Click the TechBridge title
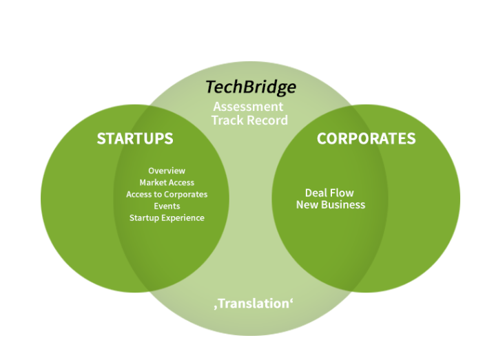[x=251, y=87]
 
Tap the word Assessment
[x=248, y=107]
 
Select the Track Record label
[x=249, y=120]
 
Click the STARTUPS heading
[x=135, y=138]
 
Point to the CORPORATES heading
[x=366, y=138]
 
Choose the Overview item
[x=167, y=171]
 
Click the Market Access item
[x=167, y=182]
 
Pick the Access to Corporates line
[x=167, y=194]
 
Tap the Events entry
[x=167, y=206]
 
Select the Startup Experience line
[x=167, y=218]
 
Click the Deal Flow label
[x=329, y=193]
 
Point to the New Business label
[x=331, y=205]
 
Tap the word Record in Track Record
[x=268, y=120]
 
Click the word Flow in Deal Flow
[x=342, y=193]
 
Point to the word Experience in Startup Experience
[x=183, y=218]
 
